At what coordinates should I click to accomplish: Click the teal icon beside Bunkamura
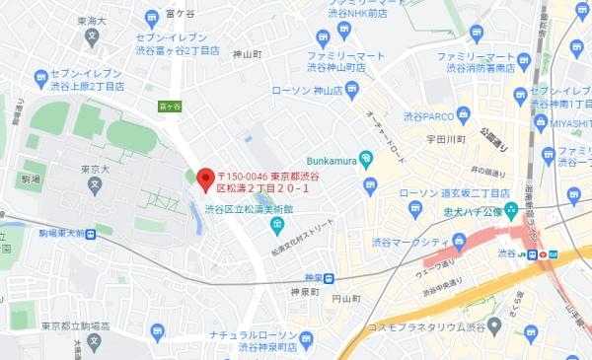click(x=366, y=157)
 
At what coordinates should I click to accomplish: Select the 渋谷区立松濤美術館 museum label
click(x=251, y=208)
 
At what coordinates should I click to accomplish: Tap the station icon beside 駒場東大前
click(x=91, y=235)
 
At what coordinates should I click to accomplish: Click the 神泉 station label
click(x=314, y=278)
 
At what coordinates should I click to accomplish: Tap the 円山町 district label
click(x=345, y=297)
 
